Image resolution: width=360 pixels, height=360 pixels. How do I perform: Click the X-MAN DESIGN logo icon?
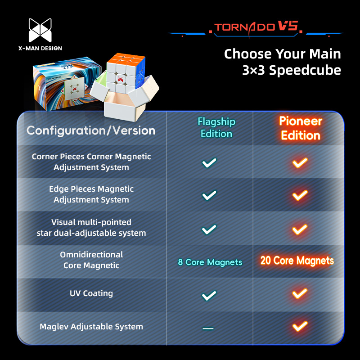click(40, 31)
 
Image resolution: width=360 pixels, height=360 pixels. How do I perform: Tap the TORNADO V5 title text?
click(256, 27)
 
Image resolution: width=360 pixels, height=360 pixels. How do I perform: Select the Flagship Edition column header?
click(216, 128)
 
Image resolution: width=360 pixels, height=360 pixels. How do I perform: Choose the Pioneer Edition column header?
click(300, 128)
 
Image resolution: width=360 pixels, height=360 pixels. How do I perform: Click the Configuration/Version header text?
click(91, 130)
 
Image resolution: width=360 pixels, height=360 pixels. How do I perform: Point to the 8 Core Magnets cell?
click(210, 262)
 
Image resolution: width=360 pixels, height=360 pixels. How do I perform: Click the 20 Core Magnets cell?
click(297, 261)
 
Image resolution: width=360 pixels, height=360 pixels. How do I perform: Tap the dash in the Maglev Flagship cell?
click(208, 328)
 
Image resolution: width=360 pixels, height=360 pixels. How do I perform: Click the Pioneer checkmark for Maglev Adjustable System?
click(300, 326)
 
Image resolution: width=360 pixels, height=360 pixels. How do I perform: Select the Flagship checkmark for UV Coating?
click(209, 295)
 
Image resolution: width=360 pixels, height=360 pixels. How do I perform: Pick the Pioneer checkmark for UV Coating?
click(300, 294)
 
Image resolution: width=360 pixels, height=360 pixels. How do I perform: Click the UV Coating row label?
click(91, 293)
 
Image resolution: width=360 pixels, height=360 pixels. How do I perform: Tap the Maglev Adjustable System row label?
click(91, 327)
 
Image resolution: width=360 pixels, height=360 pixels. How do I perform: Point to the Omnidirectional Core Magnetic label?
click(91, 260)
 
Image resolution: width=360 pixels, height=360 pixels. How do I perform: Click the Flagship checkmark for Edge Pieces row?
click(209, 195)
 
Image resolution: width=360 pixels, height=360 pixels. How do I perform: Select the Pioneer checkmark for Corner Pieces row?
click(300, 162)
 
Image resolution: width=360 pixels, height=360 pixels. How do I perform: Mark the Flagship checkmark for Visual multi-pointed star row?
click(209, 229)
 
